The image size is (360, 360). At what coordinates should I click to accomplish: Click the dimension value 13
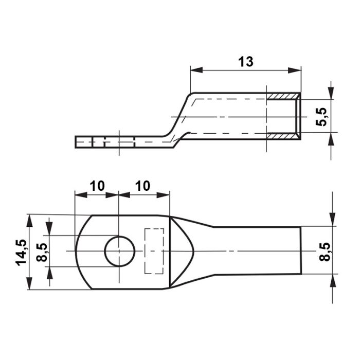(x=246, y=62)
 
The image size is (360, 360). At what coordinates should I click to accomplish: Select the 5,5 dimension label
(x=321, y=117)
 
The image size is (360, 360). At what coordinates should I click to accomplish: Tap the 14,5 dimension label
(x=22, y=253)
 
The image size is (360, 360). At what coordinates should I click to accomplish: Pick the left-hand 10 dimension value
(x=97, y=186)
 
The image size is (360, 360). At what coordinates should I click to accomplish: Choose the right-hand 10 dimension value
(x=143, y=186)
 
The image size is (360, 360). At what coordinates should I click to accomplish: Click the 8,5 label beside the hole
(x=42, y=252)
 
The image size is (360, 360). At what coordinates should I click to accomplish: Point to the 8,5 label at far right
(x=325, y=251)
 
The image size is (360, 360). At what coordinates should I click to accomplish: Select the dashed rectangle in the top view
(x=154, y=251)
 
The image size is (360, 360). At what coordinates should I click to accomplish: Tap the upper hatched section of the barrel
(x=283, y=96)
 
